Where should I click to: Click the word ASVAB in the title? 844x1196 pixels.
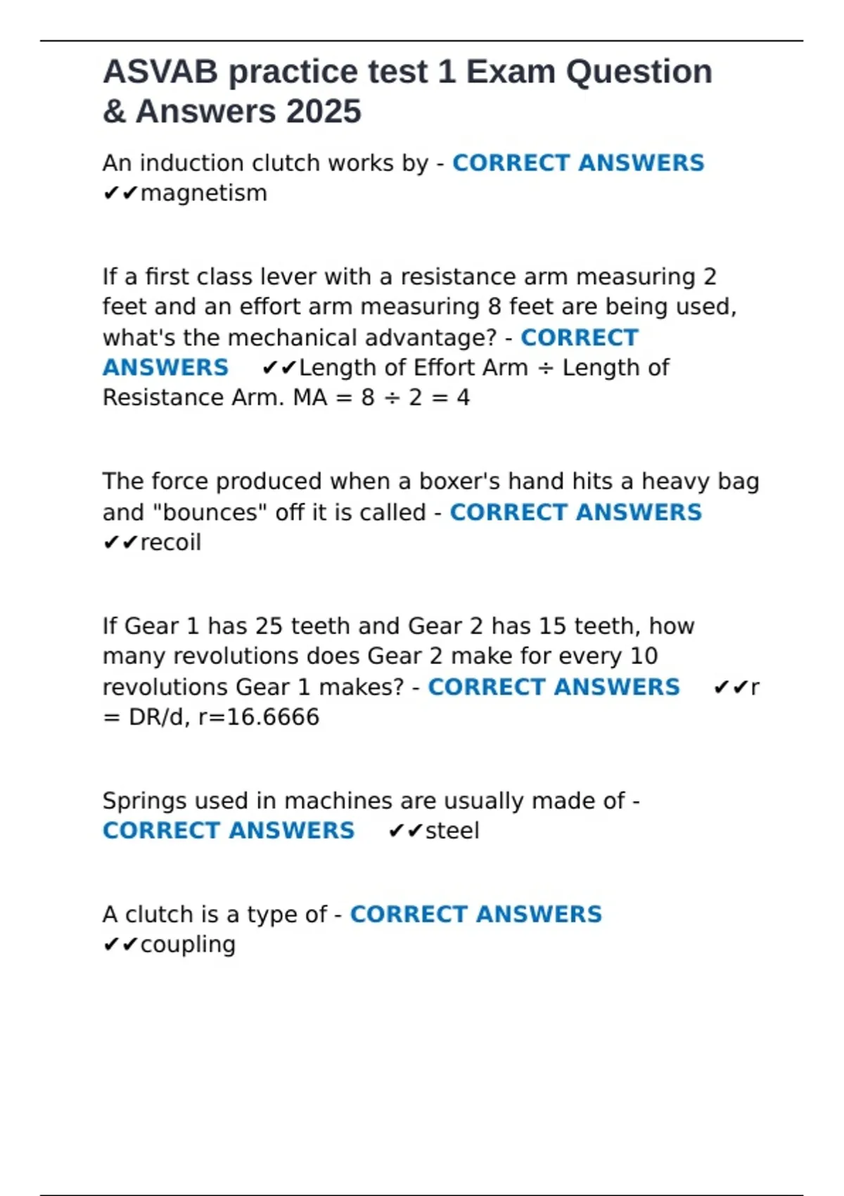point(160,72)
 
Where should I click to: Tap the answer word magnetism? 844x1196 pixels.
point(204,193)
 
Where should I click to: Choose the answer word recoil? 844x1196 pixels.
point(171,542)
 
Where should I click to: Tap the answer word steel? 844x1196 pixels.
point(452,831)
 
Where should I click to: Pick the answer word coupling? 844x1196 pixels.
point(188,944)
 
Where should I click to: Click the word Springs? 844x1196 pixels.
point(145,801)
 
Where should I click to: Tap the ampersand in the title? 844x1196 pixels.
point(114,112)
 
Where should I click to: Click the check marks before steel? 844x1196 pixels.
point(405,831)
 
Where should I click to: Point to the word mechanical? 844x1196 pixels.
point(287,338)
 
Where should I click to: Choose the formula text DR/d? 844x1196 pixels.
point(156,717)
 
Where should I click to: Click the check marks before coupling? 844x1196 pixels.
point(120,944)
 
